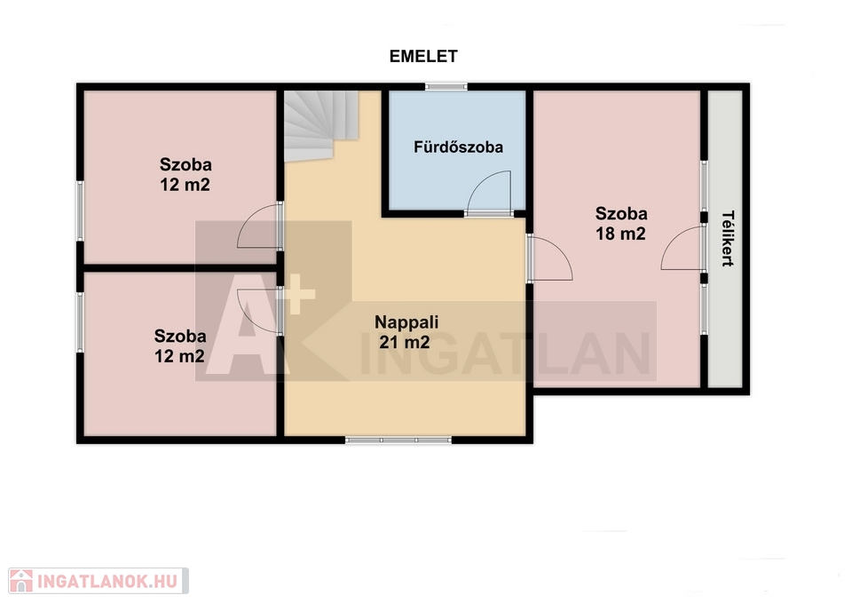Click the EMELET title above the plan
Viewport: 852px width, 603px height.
(423, 56)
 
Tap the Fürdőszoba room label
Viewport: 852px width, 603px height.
(458, 147)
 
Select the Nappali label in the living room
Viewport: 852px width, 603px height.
(406, 321)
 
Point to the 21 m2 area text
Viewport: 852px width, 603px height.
(405, 342)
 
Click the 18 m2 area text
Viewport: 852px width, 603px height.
(620, 234)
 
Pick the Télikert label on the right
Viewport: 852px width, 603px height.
(728, 239)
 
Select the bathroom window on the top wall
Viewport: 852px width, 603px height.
(446, 86)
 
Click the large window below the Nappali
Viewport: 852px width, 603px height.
(398, 440)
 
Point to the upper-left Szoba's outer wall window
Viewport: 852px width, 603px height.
(80, 211)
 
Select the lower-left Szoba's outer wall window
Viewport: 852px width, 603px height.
(80, 322)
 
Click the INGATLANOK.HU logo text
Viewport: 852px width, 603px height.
(107, 582)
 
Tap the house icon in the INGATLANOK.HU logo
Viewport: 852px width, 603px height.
(21, 582)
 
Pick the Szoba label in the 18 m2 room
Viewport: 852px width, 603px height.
(621, 214)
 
